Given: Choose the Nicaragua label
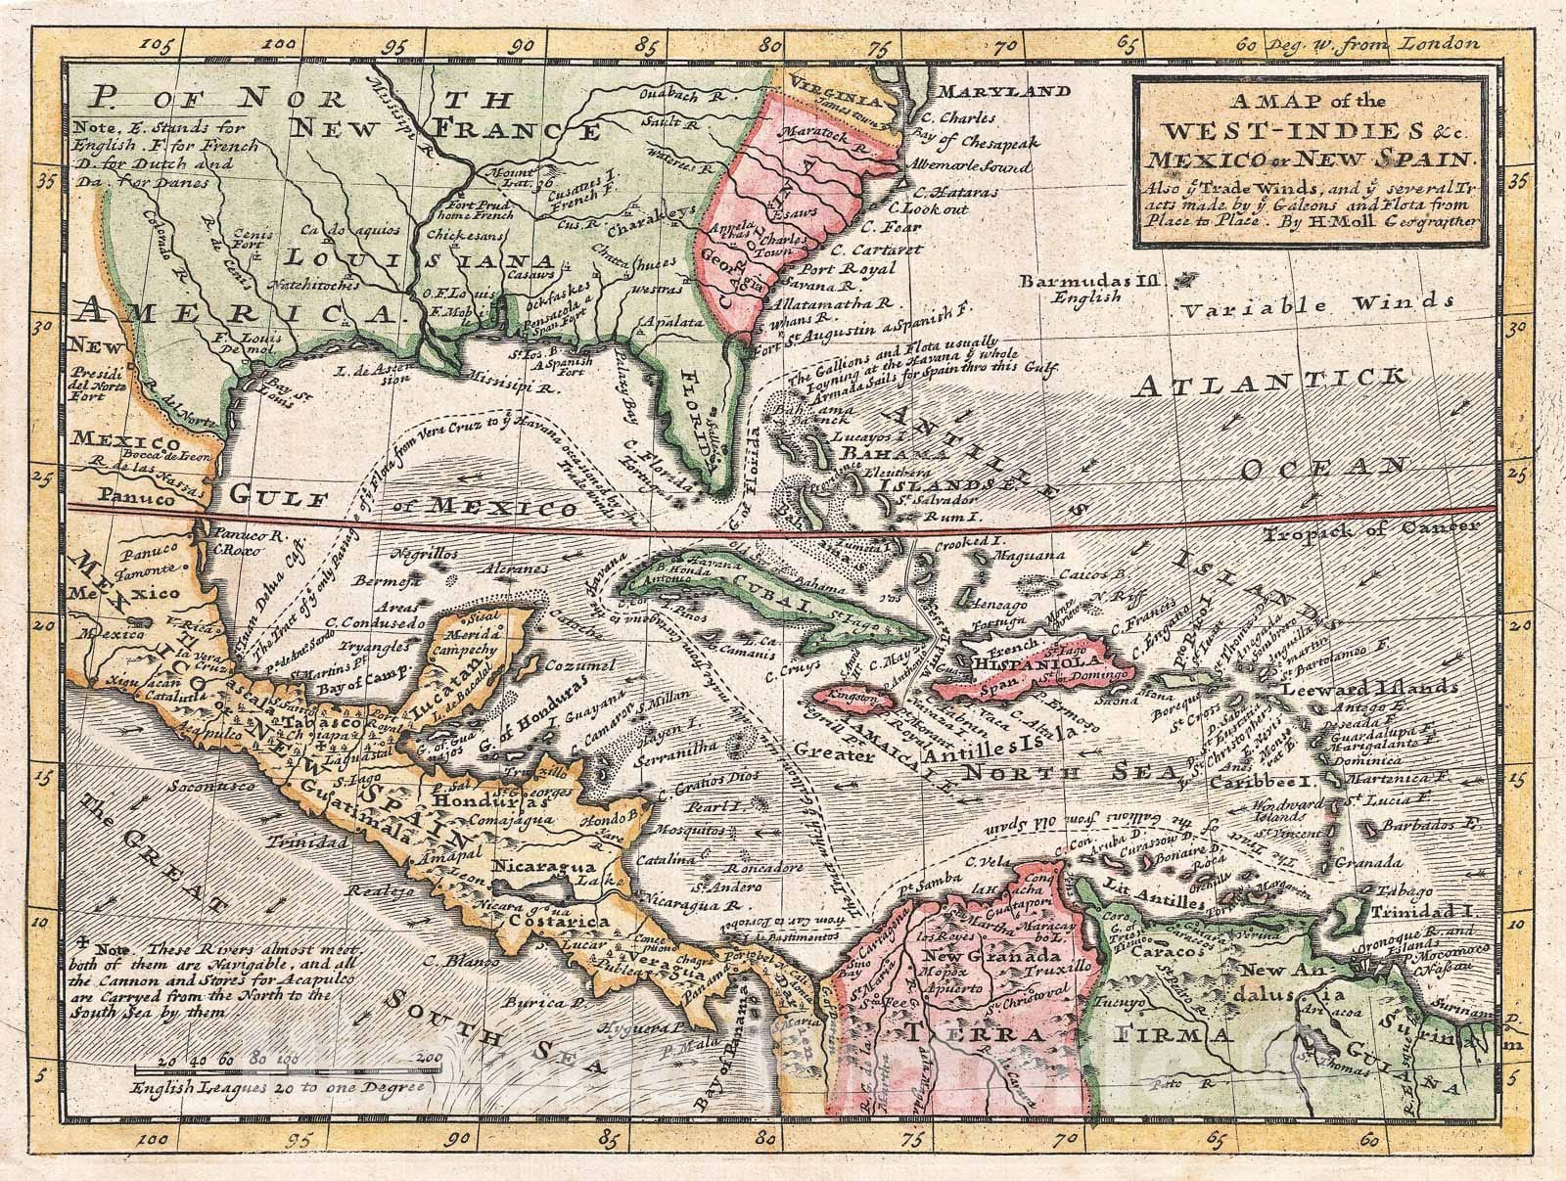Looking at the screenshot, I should click(533, 867).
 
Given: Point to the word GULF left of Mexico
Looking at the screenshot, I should click(276, 500).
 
